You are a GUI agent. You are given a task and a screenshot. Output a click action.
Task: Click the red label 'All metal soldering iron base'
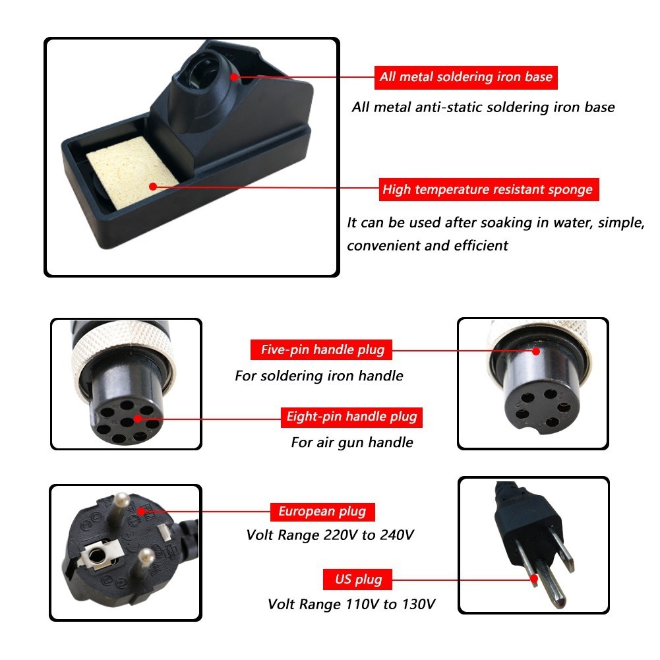point(466,77)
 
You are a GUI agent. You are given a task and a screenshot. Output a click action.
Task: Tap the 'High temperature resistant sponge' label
point(489,189)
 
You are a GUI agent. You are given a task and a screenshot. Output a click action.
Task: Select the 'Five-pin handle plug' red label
point(321,350)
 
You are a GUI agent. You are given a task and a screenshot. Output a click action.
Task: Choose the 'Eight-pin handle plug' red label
point(351,417)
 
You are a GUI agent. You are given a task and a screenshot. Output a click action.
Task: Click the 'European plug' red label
point(322,512)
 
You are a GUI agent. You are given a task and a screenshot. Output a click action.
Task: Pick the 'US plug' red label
point(358,580)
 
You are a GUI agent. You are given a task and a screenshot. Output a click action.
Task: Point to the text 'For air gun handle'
point(352,442)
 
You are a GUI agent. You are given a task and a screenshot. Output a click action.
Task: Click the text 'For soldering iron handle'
point(319,375)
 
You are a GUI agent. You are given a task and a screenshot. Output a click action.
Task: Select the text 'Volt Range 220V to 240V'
point(330,535)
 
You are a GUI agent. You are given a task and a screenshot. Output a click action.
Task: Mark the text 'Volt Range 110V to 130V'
point(351,605)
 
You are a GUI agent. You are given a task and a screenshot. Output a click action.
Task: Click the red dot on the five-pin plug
point(536,351)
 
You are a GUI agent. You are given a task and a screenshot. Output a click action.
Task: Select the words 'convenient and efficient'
point(427,245)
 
